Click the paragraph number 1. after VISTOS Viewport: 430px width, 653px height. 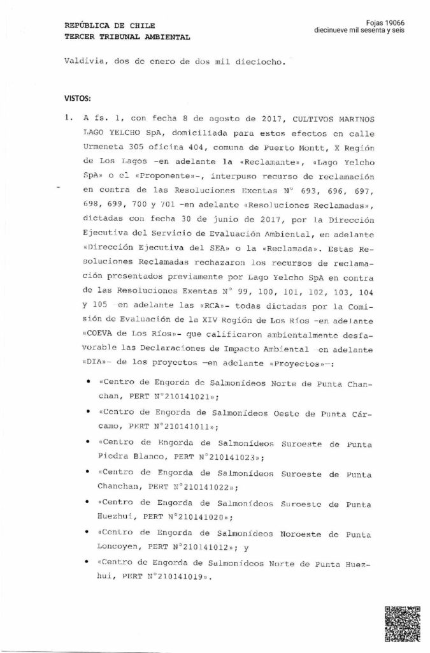coord(67,118)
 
